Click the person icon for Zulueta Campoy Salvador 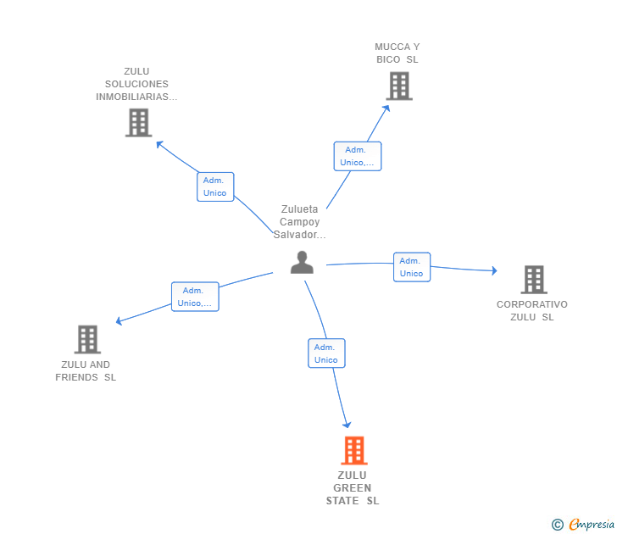(302, 263)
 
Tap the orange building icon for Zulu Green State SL (353, 450)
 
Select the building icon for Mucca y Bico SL (399, 86)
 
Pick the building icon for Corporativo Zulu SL (533, 279)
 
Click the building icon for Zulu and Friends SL (87, 339)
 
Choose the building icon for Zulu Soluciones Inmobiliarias (138, 122)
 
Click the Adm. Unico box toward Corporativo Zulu (412, 267)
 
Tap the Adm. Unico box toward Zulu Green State (326, 353)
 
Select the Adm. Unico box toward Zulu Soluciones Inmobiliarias (215, 186)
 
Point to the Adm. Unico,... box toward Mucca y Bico (357, 156)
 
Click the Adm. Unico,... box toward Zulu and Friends (195, 297)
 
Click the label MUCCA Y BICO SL (397, 53)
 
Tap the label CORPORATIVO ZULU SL (532, 310)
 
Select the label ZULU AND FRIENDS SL (86, 371)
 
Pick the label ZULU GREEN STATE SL (353, 488)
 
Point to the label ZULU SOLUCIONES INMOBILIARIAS (136, 84)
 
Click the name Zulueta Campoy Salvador (300, 222)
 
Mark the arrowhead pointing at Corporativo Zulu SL (493, 270)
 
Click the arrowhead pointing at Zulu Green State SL (347, 424)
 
